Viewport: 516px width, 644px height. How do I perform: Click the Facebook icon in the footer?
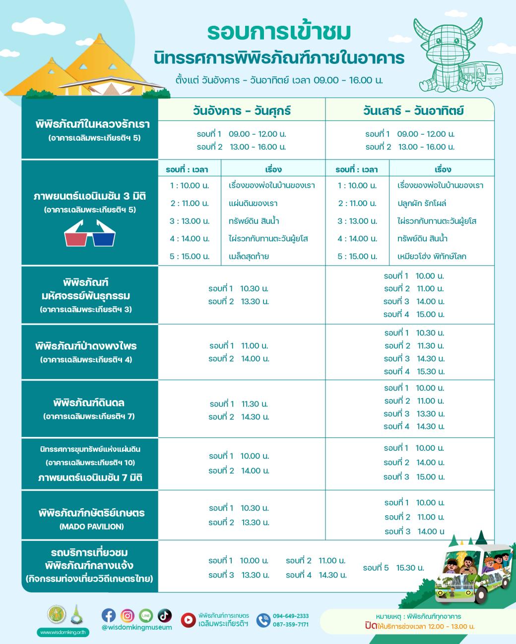click(x=109, y=615)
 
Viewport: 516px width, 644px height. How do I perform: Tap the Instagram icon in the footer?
click(x=128, y=615)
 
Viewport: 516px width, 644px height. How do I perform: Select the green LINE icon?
click(x=146, y=615)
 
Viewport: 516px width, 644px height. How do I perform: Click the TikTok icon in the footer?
click(x=164, y=615)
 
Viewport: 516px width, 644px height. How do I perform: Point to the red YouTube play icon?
click(x=188, y=620)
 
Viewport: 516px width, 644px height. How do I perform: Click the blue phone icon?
click(x=263, y=620)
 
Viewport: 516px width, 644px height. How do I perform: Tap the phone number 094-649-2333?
click(x=291, y=616)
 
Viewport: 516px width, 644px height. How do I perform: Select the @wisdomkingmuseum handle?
click(x=136, y=627)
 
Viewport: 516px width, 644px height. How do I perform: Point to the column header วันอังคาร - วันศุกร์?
click(x=242, y=110)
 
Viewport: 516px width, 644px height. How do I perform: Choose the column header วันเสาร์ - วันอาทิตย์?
click(x=413, y=110)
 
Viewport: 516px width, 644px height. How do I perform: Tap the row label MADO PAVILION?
click(x=91, y=527)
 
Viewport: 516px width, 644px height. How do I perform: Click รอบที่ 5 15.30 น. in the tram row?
click(x=393, y=568)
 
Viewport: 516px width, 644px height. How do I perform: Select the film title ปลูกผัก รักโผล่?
click(x=422, y=203)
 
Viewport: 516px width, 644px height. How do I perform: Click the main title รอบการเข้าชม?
click(x=279, y=32)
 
